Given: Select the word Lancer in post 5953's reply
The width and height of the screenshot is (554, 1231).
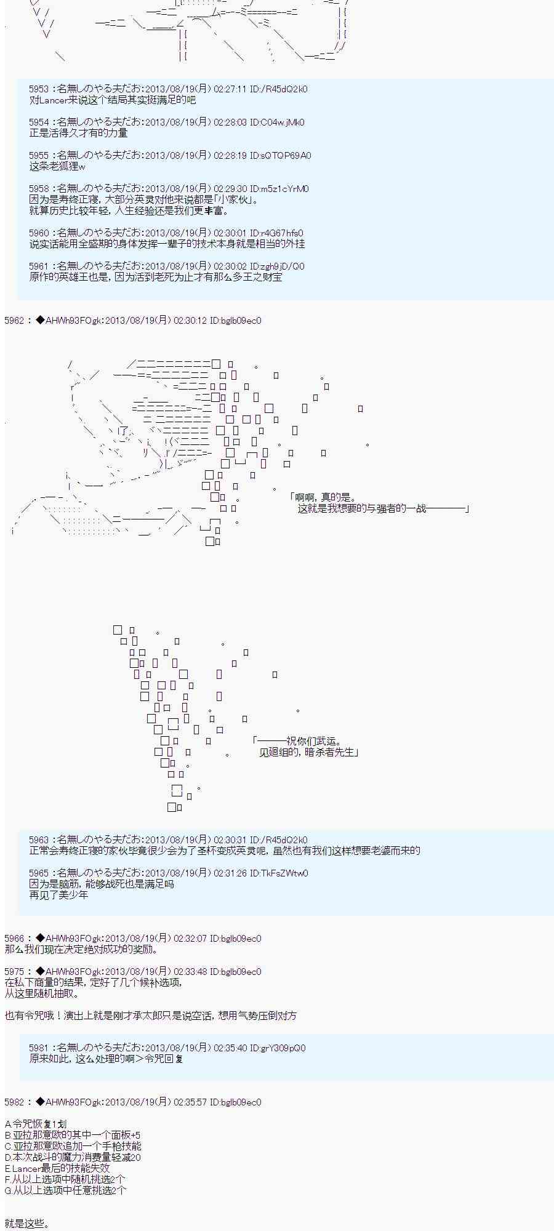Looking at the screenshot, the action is coord(52,100).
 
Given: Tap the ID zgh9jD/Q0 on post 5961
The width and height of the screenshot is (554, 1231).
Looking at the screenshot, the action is coord(283,267).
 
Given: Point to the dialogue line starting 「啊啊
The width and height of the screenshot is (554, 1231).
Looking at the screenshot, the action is coord(323,498).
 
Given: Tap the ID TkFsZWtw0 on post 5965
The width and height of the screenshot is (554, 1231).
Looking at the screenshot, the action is coord(284,873).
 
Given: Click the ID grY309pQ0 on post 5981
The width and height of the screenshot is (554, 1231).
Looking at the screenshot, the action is coord(283,1048).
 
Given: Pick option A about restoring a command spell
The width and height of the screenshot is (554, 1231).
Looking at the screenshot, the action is coord(34,1125).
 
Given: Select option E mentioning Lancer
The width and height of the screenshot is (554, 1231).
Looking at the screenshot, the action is coord(57,1169).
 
